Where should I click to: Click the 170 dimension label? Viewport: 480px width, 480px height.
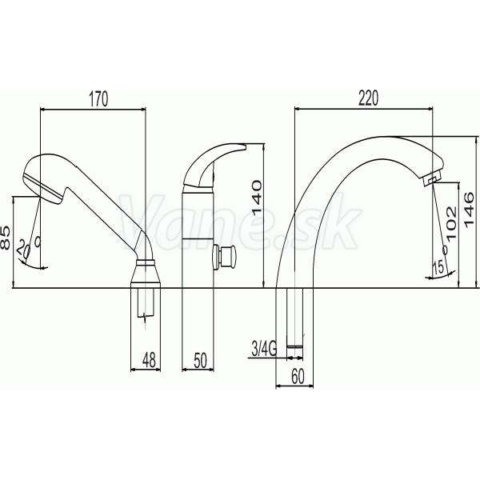pos(98,99)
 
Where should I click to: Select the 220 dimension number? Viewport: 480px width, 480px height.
pos(368,98)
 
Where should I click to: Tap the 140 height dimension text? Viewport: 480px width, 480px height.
pos(256,197)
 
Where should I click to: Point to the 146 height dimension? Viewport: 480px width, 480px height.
pos(469,210)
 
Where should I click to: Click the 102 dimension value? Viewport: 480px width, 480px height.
pos(451,222)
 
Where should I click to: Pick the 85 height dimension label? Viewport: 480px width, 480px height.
pos(6,238)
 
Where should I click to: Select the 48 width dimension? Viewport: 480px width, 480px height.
pos(149,360)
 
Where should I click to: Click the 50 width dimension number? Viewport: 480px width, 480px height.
pos(201,360)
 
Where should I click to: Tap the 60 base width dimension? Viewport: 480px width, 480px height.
pos(298,377)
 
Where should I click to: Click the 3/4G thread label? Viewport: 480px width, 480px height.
pos(264,349)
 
